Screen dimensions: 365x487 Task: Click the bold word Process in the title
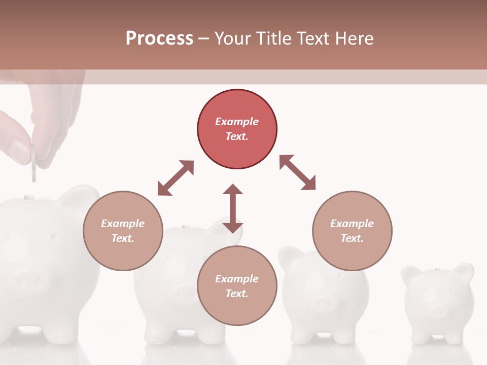(159, 38)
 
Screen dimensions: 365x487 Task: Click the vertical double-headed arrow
(233, 208)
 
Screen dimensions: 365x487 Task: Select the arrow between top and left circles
(176, 178)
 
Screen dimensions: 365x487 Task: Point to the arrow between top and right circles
(297, 172)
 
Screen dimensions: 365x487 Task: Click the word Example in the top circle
(237, 122)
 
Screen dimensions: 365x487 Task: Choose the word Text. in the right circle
(352, 238)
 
